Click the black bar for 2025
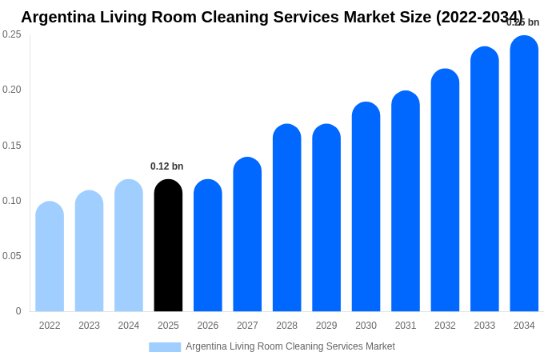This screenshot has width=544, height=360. [168, 246]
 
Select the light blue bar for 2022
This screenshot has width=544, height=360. [50, 258]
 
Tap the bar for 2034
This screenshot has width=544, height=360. [524, 174]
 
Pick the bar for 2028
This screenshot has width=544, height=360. [286, 218]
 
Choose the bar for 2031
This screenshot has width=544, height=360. [406, 202]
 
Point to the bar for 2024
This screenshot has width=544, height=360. [129, 246]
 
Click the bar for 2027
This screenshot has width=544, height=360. [247, 235]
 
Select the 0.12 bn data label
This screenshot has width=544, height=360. [166, 166]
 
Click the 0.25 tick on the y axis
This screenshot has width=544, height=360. [12, 34]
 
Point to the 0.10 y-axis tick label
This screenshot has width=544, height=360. [12, 201]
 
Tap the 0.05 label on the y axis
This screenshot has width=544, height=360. [12, 256]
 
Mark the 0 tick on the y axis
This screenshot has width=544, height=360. [18, 311]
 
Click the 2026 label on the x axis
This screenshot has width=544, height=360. [208, 326]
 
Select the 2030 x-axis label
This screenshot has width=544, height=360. [366, 326]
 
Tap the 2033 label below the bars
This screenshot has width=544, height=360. [485, 326]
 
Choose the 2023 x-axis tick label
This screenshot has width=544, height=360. [89, 326]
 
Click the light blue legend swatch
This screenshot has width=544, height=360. [165, 347]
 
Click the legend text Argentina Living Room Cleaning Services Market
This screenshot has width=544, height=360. [290, 346]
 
